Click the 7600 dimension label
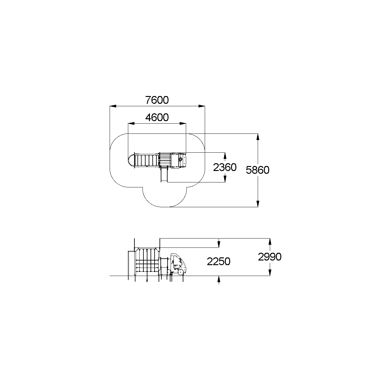coord(157,100)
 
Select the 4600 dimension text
coord(157,117)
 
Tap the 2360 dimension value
coord(225,167)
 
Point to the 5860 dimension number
coord(257,170)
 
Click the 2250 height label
coord(219,262)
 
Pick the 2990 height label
coord(270,257)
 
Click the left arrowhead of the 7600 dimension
coord(113,106)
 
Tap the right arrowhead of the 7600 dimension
coord(202,106)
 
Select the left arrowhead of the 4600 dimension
coord(131,124)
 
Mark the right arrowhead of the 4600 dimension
coord(183,124)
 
